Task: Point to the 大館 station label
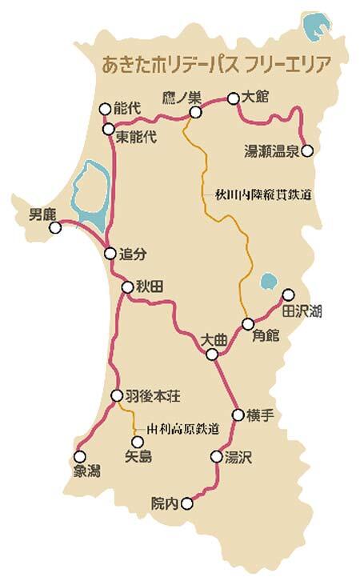[256, 97]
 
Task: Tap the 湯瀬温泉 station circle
[307, 150]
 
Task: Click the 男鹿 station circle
[55, 228]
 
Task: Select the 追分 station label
[134, 254]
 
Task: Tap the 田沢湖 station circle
[289, 294]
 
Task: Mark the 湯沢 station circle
[215, 457]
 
